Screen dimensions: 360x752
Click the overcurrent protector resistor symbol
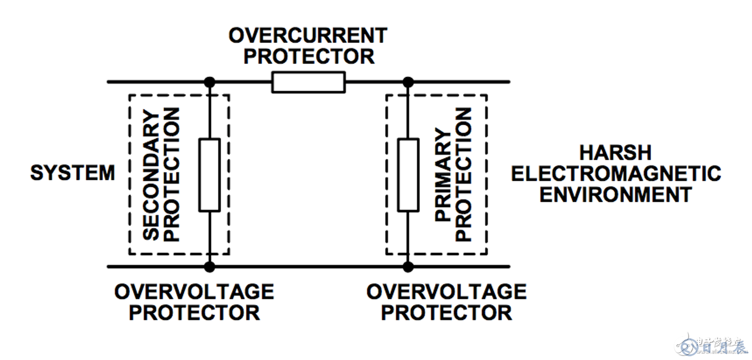point(308,82)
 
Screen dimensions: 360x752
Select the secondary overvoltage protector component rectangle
point(209,175)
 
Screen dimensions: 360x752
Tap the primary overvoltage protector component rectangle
point(408,175)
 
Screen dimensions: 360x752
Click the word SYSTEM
point(72,173)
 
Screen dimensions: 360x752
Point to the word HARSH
point(615,153)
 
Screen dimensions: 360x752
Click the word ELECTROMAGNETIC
point(616,173)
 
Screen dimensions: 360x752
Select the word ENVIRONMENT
point(615,194)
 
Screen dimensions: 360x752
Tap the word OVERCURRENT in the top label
point(308,36)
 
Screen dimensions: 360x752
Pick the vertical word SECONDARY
point(152,174)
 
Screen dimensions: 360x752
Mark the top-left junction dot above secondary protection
point(210,82)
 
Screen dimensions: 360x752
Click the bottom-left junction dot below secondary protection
point(210,266)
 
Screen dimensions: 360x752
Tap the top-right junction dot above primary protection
point(408,82)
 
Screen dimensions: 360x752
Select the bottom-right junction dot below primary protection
point(408,266)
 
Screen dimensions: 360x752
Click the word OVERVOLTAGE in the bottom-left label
point(194,292)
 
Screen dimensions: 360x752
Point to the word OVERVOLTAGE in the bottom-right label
point(447,292)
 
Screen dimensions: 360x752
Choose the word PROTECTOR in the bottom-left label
point(194,312)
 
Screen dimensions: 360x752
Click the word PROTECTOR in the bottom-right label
point(447,312)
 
